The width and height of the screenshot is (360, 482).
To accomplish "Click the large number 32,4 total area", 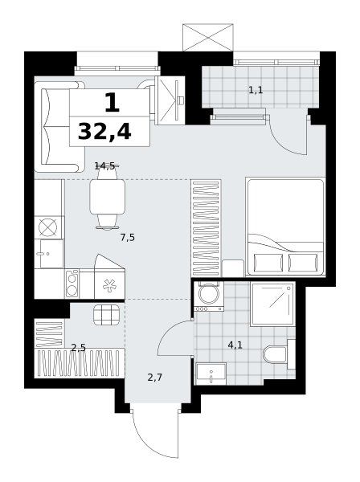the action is click(104, 132).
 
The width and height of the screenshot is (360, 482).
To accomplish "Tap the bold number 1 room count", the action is click(112, 103).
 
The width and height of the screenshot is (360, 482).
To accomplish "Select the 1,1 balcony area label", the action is click(256, 90).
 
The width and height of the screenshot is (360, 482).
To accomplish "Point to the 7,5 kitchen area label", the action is click(128, 237).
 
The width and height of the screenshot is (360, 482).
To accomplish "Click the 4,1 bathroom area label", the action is click(235, 345).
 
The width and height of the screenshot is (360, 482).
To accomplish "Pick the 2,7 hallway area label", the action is click(154, 377).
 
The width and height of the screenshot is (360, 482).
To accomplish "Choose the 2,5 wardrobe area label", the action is click(78, 348).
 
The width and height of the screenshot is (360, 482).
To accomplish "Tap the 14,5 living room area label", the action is click(104, 166).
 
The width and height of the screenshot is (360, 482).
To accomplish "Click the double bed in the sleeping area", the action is click(285, 227).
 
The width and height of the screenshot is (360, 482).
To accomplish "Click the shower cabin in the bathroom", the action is click(272, 304).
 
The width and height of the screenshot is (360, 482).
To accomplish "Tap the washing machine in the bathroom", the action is click(209, 296).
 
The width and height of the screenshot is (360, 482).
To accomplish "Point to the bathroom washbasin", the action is click(211, 374).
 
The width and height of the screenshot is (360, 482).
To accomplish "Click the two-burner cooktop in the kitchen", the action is click(72, 284).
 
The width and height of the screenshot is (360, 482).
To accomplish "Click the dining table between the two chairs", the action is click(108, 197).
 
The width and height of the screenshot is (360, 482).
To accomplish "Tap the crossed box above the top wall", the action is click(208, 38).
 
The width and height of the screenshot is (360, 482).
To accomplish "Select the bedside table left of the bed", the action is click(233, 268).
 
